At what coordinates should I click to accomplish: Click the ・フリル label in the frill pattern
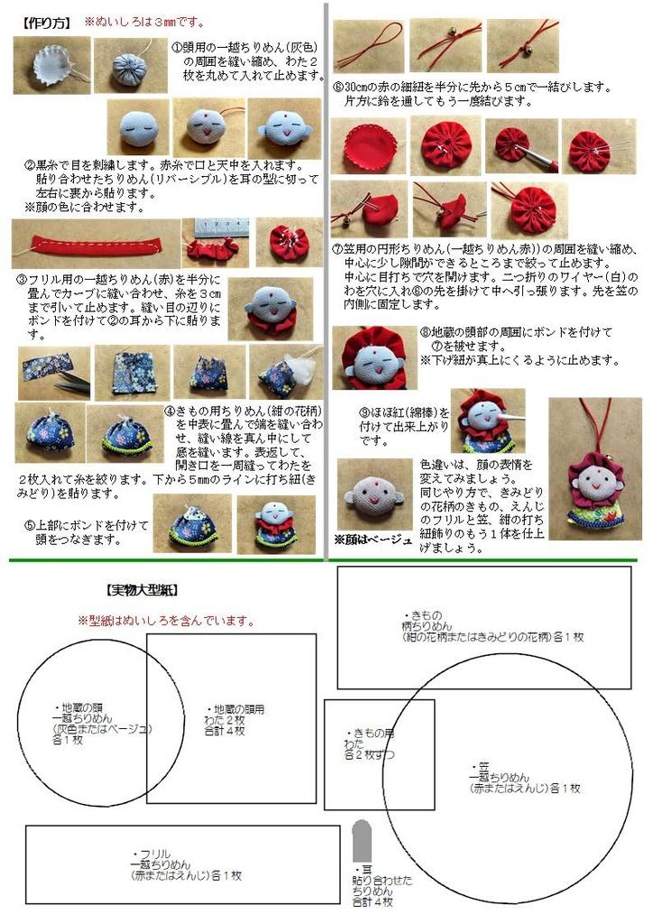151,853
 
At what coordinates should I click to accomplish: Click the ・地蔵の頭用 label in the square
235,709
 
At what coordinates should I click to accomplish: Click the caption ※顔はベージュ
372,540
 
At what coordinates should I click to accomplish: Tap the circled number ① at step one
177,44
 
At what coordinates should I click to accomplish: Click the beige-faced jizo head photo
373,494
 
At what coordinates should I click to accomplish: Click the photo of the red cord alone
368,46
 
